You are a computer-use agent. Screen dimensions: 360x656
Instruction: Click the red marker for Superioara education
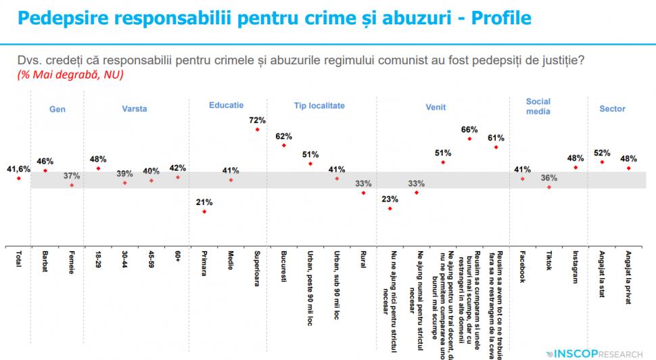(x=257, y=130)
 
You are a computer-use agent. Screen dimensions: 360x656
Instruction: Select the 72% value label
(x=257, y=120)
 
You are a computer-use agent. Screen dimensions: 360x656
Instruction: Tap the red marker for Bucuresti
(x=283, y=145)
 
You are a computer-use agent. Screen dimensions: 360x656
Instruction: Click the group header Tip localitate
(x=319, y=106)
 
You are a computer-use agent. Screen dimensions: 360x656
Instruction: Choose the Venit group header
(x=435, y=107)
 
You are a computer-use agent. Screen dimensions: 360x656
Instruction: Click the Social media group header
(x=538, y=106)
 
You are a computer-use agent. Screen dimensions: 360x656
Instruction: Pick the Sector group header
(x=612, y=108)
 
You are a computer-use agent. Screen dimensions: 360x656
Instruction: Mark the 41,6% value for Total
(x=18, y=168)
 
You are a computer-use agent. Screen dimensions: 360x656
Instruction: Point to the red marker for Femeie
(x=72, y=185)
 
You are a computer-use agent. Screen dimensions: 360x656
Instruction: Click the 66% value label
(x=469, y=129)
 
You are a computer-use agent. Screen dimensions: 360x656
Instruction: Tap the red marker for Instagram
(x=576, y=166)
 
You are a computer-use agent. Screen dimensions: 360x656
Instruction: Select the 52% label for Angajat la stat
(x=602, y=152)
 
